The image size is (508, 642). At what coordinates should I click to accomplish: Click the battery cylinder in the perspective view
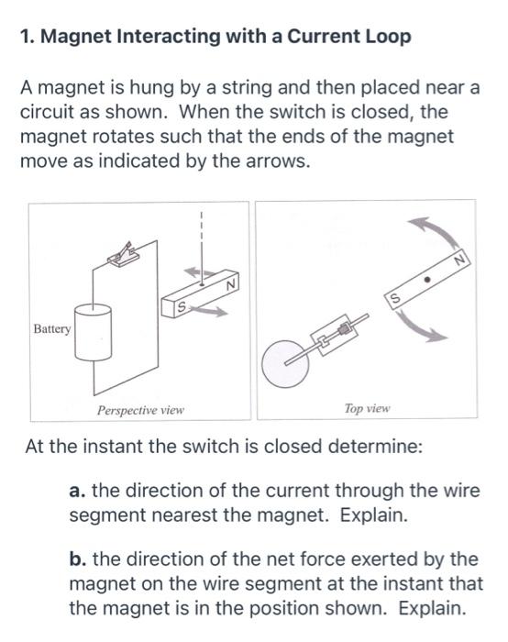point(92,334)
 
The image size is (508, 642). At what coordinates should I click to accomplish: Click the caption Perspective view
point(140,409)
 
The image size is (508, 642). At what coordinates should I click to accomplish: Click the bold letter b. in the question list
point(78,559)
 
